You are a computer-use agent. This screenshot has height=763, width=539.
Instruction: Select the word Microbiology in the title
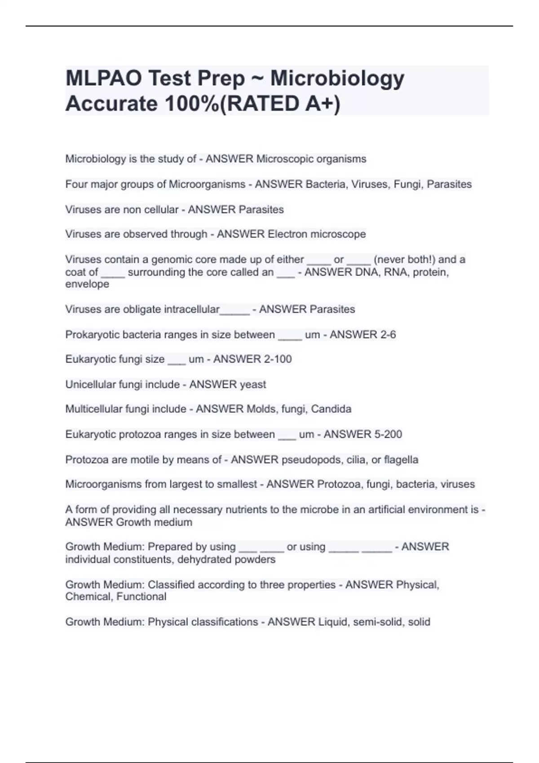click(x=337, y=79)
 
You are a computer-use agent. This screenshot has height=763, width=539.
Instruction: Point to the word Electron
click(x=287, y=234)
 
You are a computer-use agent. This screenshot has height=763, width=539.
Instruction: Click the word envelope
click(x=87, y=284)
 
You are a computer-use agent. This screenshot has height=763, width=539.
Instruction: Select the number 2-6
click(x=387, y=335)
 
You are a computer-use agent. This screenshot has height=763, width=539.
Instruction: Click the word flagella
click(x=401, y=460)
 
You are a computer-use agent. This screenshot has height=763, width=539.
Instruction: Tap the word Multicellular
click(x=94, y=409)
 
